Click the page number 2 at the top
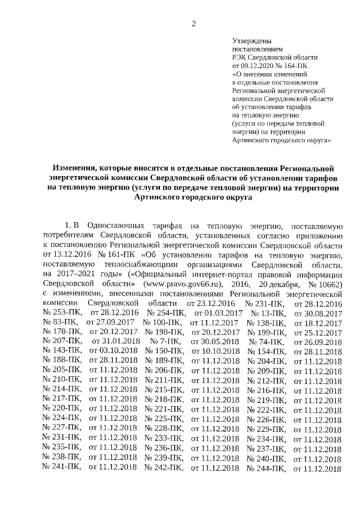[194, 23]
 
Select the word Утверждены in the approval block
[252, 42]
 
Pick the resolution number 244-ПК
[268, 469]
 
